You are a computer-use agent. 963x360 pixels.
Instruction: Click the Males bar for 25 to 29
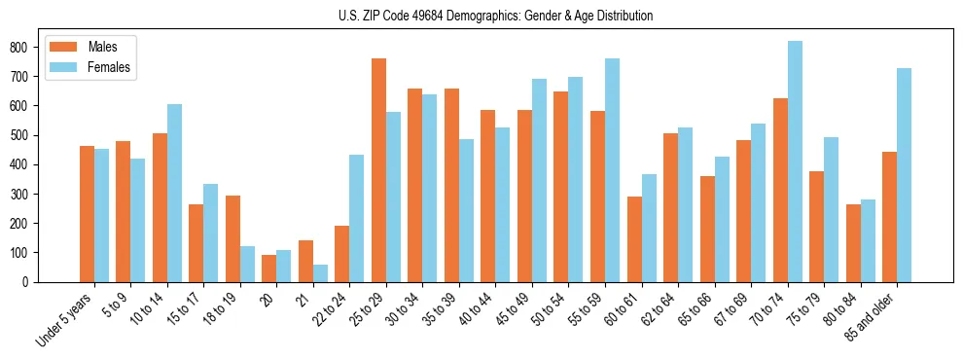point(378,170)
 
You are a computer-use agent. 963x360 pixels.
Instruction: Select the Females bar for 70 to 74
point(795,162)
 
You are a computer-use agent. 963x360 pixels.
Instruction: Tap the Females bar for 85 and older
point(904,175)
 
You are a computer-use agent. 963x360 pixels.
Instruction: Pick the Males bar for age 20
point(269,269)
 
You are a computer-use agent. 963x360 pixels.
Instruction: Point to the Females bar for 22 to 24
point(357,218)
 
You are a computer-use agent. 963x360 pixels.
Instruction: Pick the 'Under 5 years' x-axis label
point(65,317)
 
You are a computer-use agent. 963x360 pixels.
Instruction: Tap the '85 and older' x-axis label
point(871,315)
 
